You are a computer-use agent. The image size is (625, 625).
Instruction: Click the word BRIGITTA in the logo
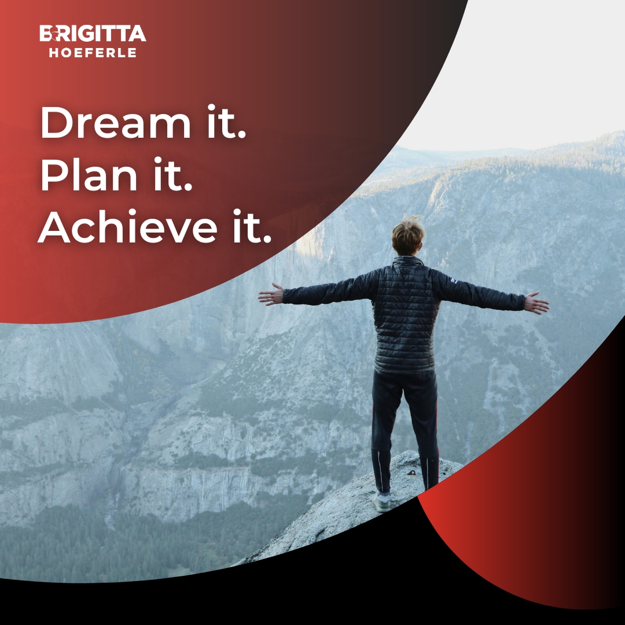tap(93, 34)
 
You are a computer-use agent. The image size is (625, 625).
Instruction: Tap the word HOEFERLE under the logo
tap(93, 53)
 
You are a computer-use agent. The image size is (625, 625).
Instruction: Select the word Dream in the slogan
tap(115, 124)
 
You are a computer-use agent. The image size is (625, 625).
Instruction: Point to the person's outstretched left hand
tap(271, 295)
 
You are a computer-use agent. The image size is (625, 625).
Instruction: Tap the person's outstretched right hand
tap(536, 303)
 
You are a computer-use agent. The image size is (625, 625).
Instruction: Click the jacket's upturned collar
tap(407, 261)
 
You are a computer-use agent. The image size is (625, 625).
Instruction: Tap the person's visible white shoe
tap(382, 502)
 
